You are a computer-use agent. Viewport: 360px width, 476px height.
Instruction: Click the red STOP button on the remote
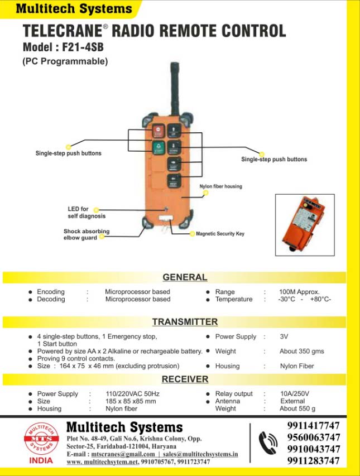[157, 132]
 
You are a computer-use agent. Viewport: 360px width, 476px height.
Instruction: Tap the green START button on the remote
[157, 148]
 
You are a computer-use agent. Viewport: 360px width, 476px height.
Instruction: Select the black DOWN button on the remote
[173, 148]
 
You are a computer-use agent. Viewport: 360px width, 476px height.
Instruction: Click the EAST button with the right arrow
[173, 164]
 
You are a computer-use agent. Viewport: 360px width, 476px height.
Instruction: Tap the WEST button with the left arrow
[173, 180]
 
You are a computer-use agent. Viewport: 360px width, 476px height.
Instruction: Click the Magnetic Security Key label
[220, 234]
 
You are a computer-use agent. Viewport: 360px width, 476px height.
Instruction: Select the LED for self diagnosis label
[87, 213]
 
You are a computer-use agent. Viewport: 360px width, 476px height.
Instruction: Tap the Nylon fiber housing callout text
[221, 186]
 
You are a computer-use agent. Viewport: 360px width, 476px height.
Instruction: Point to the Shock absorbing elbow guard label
[87, 234]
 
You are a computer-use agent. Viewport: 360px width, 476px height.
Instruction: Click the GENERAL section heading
[185, 277]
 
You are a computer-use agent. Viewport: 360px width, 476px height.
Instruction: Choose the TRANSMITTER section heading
[185, 322]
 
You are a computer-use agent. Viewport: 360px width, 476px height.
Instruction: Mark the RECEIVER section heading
[185, 379]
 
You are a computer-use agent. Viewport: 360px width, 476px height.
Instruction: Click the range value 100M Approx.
[299, 292]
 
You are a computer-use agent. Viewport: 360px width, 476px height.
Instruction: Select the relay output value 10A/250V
[294, 394]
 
